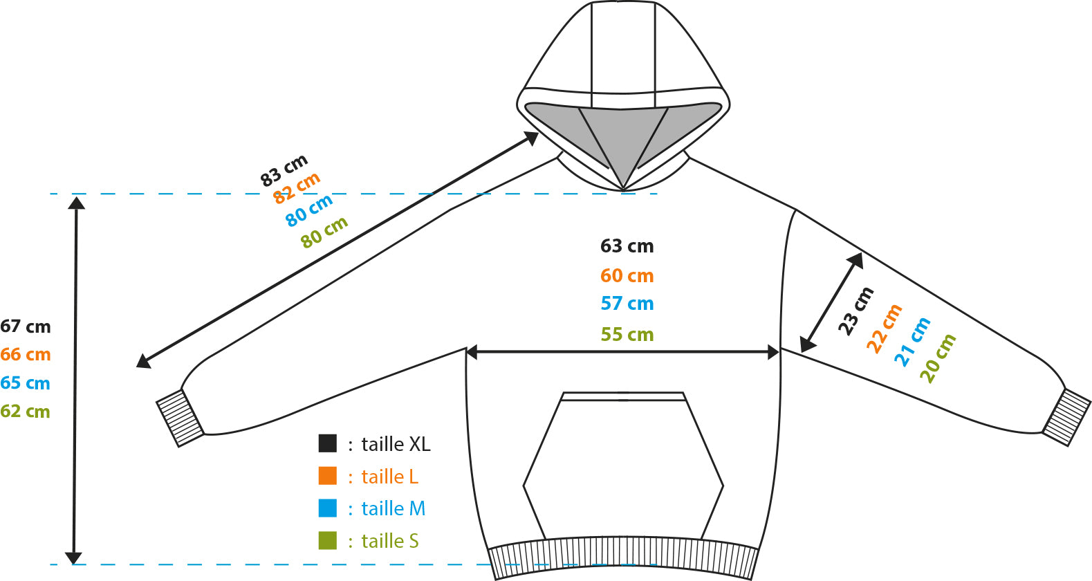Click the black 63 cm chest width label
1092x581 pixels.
coord(627,246)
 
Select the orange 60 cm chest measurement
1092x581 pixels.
coord(627,276)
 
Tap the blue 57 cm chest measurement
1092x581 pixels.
coord(627,304)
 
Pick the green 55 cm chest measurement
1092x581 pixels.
coord(627,334)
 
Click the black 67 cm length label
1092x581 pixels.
coord(26,326)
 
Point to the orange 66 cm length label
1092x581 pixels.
coord(26,354)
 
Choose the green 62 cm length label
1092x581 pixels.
coord(26,412)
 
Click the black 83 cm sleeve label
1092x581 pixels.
coord(284,171)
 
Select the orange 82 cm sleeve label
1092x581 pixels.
coord(297,188)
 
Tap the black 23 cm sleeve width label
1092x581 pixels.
coord(855,311)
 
